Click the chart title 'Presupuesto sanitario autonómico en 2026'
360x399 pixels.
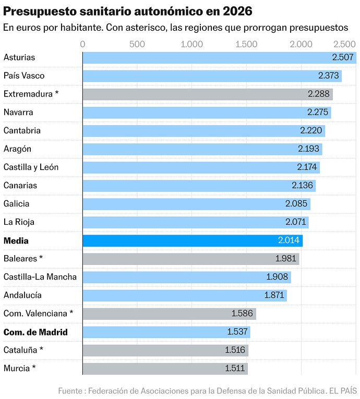pos(128,10)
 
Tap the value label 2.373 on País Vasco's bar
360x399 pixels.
pos(329,76)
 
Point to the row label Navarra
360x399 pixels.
pos(18,112)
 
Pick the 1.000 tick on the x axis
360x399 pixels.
pos(191,44)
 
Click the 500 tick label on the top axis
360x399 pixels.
pos(137,44)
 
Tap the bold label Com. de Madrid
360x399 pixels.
pos(35,332)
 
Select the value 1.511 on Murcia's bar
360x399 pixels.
pos(235,368)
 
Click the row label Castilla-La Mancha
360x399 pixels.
pos(40,277)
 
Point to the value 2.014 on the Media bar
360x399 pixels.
pos(289,241)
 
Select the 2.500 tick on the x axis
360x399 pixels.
pos(345,44)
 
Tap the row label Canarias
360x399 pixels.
pos(20,185)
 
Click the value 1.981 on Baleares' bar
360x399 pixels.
pos(286,259)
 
